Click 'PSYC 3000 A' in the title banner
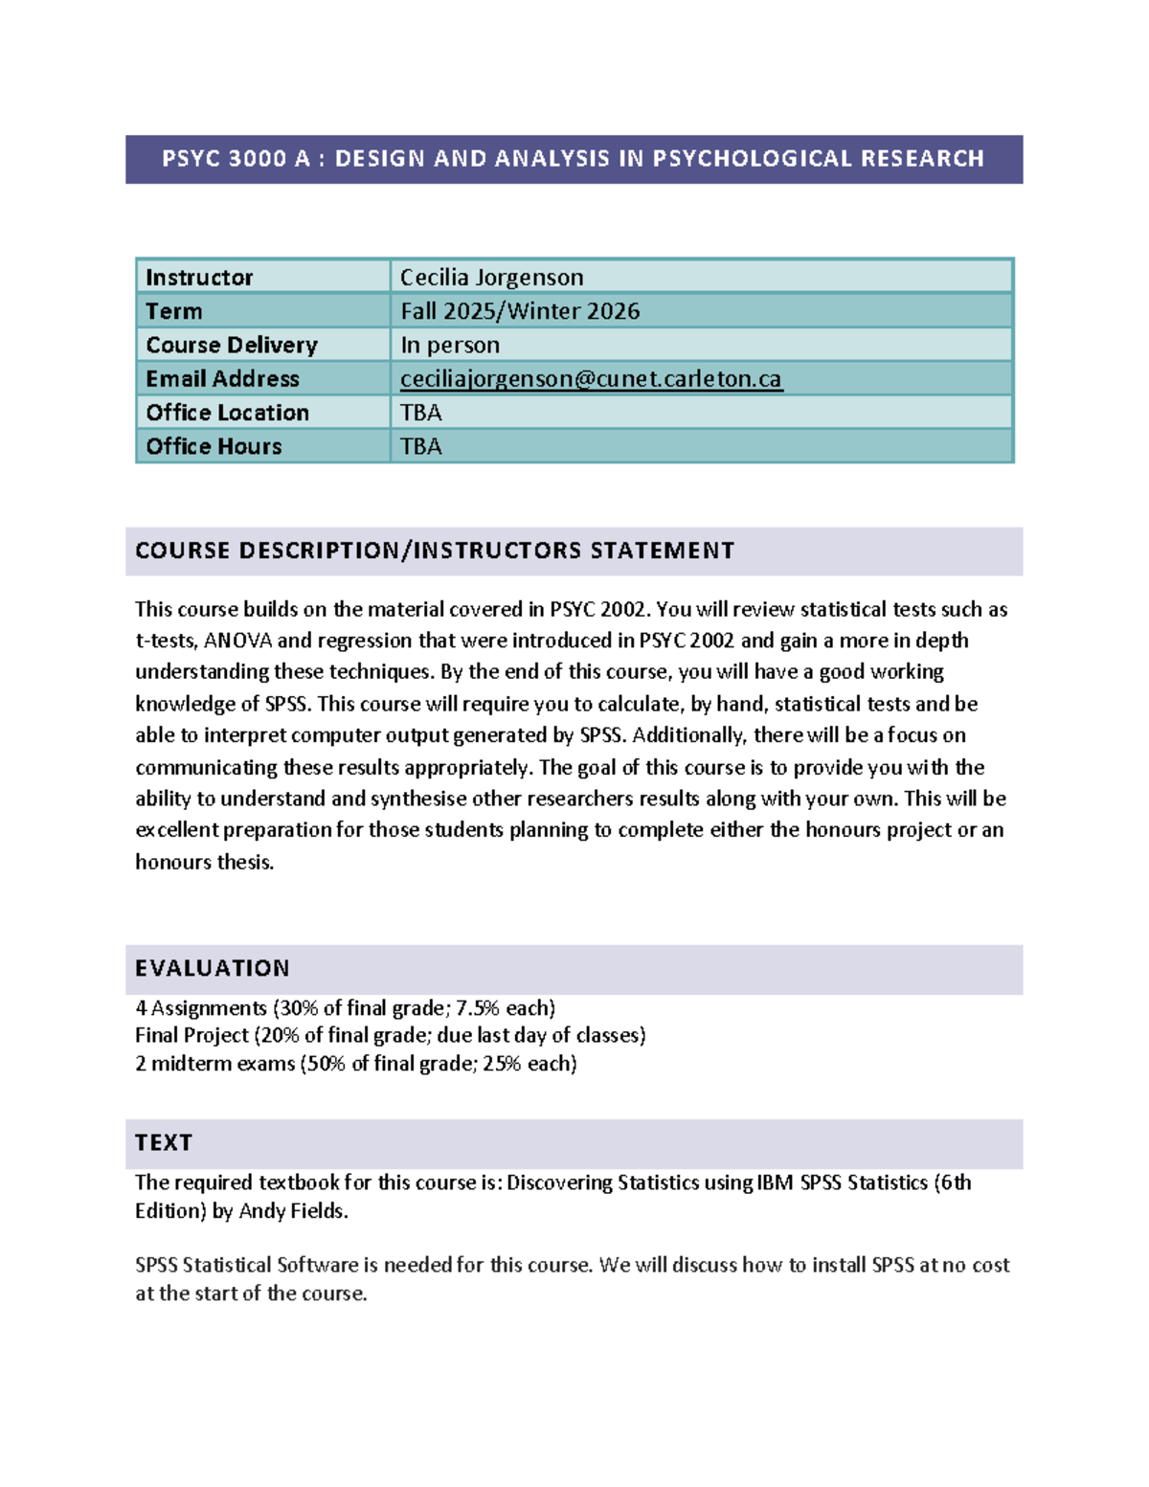[x=236, y=159]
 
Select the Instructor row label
[x=199, y=278]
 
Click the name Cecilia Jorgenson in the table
[x=491, y=278]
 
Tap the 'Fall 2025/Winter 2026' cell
[x=520, y=311]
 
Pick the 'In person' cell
[x=449, y=345]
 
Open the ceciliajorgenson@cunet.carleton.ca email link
[x=591, y=379]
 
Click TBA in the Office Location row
[x=420, y=413]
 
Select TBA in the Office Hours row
[x=420, y=446]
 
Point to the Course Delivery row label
[x=232, y=345]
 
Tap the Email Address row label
[x=222, y=379]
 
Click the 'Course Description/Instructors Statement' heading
[x=435, y=551]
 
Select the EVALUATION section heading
[x=212, y=968]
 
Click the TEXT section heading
[x=164, y=1142]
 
